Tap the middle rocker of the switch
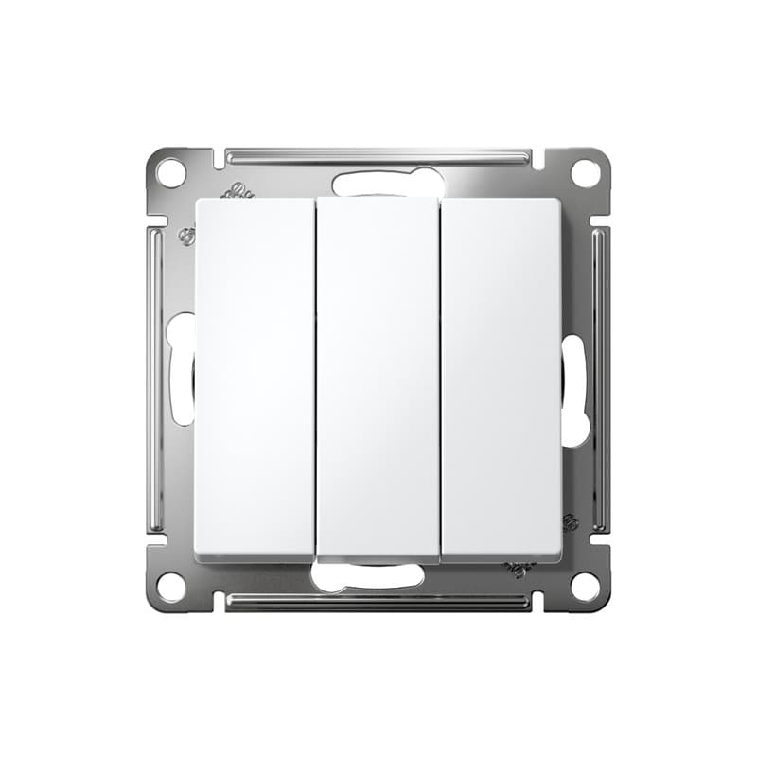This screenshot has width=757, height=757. pyautogui.click(x=378, y=378)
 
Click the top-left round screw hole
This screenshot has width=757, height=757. pyautogui.click(x=170, y=173)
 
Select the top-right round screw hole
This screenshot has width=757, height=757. pyautogui.click(x=586, y=173)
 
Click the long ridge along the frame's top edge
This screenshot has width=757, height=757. pyautogui.click(x=378, y=155)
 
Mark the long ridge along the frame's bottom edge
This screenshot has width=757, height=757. pyautogui.click(x=378, y=601)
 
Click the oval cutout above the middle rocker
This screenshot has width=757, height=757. pyautogui.click(x=388, y=182)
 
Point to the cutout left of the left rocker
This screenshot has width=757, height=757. pyautogui.click(x=181, y=369)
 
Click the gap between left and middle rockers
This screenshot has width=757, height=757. pyautogui.click(x=316, y=378)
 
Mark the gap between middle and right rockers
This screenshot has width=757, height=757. pyautogui.click(x=440, y=378)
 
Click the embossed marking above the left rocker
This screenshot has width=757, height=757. pyautogui.click(x=238, y=191)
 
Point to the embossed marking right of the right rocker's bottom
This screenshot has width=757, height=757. pyautogui.click(x=571, y=522)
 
